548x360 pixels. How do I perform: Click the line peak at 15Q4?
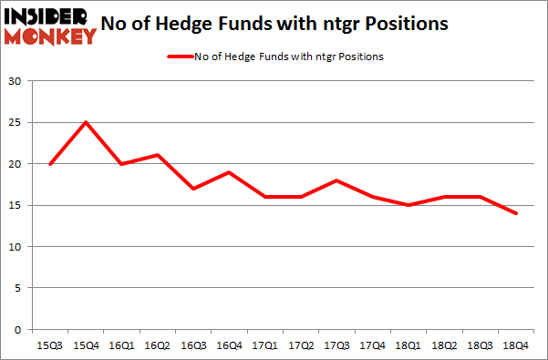84,123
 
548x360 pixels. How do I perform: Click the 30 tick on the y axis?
16,82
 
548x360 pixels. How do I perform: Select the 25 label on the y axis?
16,123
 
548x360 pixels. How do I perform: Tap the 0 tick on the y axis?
18,329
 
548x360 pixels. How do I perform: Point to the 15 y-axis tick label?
16,205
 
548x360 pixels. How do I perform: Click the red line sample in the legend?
181,57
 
